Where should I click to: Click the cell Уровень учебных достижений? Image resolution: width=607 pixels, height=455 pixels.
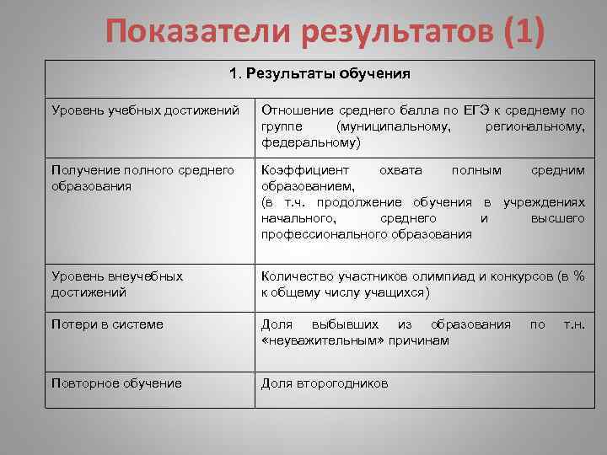142,110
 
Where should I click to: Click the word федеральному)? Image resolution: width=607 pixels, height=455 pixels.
311,142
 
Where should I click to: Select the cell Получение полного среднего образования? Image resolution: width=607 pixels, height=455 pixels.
142,178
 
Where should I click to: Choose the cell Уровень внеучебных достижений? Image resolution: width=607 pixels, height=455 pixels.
117,284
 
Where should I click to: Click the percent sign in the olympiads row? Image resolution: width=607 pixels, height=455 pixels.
578,276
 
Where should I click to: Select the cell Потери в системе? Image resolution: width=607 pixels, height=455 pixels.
107,324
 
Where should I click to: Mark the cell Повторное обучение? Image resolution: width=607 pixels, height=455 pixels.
116,383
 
